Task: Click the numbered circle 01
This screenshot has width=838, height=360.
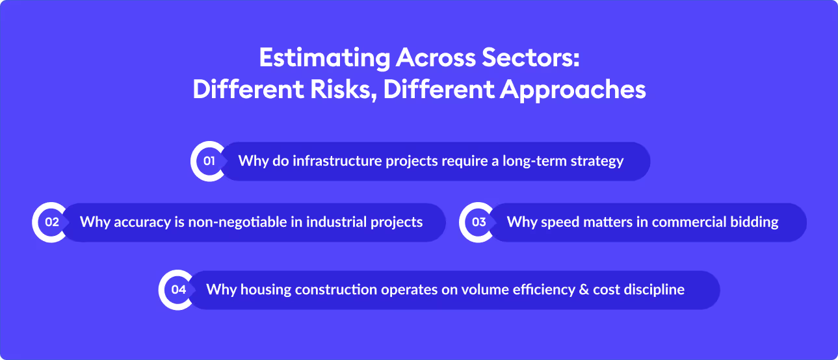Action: [x=209, y=161]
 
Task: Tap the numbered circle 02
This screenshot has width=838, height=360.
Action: [x=51, y=222]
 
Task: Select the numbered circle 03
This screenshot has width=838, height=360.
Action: [x=478, y=222]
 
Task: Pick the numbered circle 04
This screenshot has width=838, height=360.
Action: [x=178, y=290]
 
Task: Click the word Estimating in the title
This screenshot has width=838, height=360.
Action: [x=324, y=58]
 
